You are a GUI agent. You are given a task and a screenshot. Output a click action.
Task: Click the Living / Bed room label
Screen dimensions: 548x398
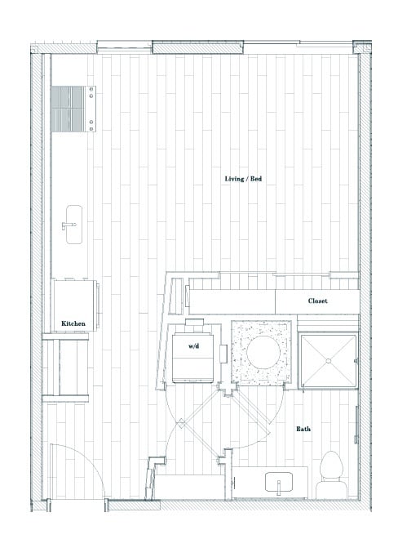point(243,179)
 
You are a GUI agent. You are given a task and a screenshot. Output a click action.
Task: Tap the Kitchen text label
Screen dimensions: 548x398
point(73,324)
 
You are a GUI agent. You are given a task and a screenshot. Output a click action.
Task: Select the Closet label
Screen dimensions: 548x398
point(317,301)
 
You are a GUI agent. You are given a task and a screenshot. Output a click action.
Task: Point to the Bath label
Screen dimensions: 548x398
point(303,428)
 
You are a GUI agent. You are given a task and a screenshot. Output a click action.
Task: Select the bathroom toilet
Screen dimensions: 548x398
point(331,472)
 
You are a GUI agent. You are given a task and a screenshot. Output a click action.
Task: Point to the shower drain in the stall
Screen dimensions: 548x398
point(329,359)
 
